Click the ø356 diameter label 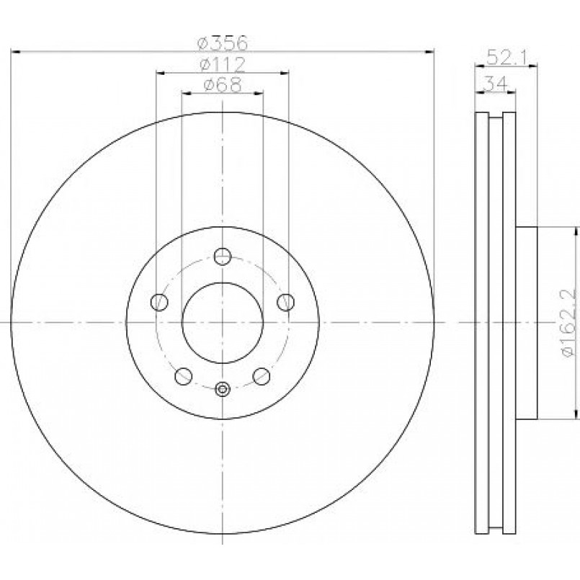click(x=222, y=43)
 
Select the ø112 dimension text click(x=223, y=64)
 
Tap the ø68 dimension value click(x=223, y=85)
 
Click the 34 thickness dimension click(x=495, y=84)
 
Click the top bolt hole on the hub click(x=223, y=256)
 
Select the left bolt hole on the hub click(x=159, y=302)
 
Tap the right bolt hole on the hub click(x=286, y=302)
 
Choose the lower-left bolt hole click(x=183, y=376)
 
